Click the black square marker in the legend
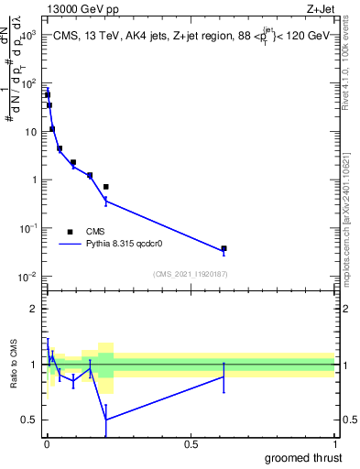coord(70,232)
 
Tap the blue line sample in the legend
coord(70,245)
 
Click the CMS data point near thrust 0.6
coord(224,248)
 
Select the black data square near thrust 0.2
coord(105,187)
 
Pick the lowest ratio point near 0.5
coord(105,420)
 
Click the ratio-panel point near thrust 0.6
coord(224,376)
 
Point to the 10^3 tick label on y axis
coord(27,34)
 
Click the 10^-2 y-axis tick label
coord(27,277)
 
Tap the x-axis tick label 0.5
coord(190,443)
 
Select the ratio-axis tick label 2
coord(34,309)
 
